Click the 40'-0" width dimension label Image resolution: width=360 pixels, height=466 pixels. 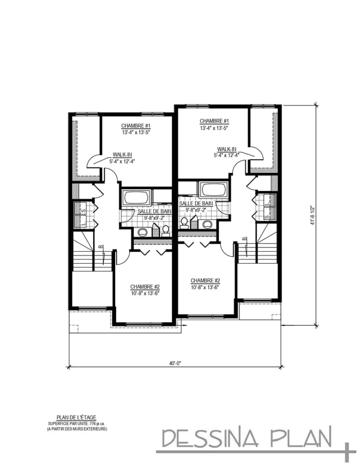coord(175,363)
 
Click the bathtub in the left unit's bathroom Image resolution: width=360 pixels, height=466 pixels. coord(136,198)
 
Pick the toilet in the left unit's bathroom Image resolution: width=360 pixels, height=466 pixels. coord(166,231)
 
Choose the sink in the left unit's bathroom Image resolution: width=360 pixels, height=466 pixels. coord(142,232)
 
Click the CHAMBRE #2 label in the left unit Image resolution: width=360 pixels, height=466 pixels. coord(145,287)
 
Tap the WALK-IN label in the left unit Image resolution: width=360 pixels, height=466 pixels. coord(122,155)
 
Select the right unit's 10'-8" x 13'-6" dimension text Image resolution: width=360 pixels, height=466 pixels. coord(205,287)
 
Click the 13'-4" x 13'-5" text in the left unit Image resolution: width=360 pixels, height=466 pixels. coord(136,132)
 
